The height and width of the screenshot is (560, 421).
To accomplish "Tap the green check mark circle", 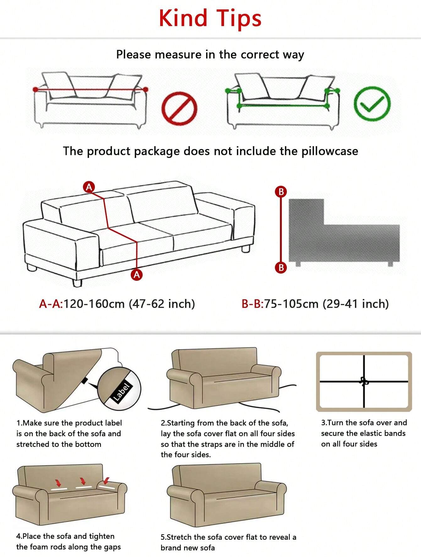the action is click(x=372, y=104).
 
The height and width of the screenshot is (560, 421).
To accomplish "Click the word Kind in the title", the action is click(x=183, y=18).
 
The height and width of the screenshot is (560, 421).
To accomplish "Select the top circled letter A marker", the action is click(x=89, y=187).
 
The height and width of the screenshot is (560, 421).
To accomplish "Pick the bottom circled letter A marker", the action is click(x=137, y=275).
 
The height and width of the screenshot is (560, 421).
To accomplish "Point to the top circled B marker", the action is click(x=281, y=191).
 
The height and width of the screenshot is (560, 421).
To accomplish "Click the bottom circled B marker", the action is click(x=281, y=267).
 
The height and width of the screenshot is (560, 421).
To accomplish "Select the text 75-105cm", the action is click(x=291, y=304).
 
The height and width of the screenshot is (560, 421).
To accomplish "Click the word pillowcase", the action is click(x=330, y=151).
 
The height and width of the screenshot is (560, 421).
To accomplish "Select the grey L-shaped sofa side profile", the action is click(x=344, y=232).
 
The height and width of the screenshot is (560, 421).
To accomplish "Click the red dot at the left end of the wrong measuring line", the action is click(x=36, y=89).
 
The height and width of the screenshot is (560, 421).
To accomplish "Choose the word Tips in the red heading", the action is click(x=239, y=19).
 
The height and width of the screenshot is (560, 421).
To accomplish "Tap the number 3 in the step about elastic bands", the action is click(x=323, y=423).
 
